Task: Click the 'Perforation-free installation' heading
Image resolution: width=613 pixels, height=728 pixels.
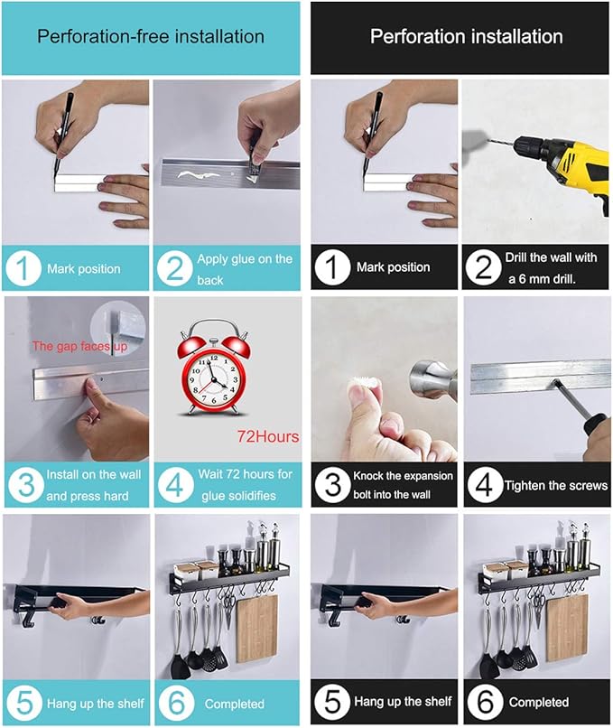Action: tap(151, 37)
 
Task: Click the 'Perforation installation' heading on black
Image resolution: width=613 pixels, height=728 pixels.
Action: tap(467, 37)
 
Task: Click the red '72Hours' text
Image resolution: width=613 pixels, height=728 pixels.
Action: tap(268, 436)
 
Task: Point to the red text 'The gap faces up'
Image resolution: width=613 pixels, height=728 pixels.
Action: tap(79, 346)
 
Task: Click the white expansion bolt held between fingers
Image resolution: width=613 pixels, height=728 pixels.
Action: tap(364, 383)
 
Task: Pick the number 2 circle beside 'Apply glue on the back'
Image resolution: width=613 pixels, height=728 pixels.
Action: tap(175, 269)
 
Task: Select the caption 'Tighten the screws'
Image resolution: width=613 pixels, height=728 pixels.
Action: tap(556, 486)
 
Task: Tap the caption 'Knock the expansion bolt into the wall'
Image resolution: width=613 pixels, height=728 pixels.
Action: tap(403, 485)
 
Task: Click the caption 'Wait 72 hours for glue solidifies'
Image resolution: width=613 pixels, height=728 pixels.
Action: tap(245, 485)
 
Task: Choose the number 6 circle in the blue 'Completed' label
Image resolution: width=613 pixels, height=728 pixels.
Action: tap(176, 703)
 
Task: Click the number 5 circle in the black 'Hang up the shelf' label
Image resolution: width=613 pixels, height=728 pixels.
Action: tap(333, 702)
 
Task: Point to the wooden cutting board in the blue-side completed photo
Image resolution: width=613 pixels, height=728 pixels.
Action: tap(255, 630)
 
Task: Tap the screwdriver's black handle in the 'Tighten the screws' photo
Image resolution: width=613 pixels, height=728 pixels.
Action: tap(594, 425)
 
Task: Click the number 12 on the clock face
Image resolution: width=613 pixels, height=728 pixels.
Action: tap(214, 359)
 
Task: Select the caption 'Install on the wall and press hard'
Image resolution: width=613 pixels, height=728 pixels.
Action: tap(93, 486)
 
